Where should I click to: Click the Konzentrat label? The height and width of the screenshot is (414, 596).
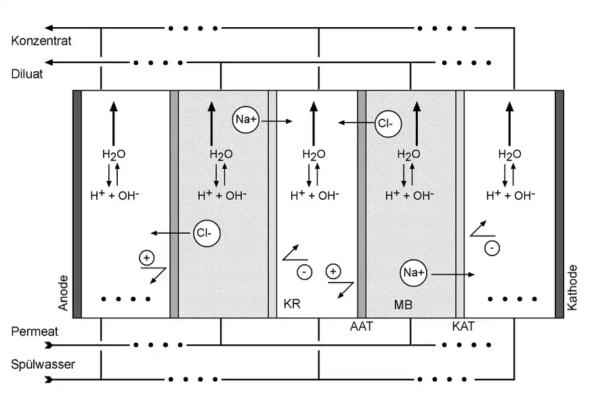tap(41, 41)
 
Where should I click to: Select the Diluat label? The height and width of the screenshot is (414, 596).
tap(27, 74)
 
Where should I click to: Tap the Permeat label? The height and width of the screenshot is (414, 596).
tap(35, 331)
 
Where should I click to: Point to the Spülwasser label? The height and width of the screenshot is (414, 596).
tap(43, 365)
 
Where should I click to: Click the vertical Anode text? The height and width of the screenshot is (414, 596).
tap(63, 293)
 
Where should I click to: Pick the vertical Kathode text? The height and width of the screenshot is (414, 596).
tap(572, 287)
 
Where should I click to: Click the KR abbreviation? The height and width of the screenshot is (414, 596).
tap(292, 304)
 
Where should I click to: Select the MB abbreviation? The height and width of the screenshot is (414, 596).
tap(403, 304)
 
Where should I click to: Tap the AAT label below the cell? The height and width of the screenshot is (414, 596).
tap(362, 326)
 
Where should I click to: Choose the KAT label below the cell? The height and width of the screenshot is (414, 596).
tap(463, 326)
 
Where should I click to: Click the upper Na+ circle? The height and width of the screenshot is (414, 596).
tap(246, 119)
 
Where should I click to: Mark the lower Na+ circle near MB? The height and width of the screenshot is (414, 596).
tap(414, 273)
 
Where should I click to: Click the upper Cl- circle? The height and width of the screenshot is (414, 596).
tap(388, 123)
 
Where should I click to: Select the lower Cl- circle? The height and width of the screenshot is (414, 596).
tap(207, 233)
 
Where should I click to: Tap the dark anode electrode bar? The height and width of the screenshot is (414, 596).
tap(77, 204)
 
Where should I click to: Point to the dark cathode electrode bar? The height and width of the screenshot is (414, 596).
tap(559, 204)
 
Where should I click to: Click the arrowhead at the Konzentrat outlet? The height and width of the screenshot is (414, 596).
tap(49, 28)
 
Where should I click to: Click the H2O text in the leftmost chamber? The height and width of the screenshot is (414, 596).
tap(114, 154)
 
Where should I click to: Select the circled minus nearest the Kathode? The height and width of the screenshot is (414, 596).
tap(492, 248)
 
